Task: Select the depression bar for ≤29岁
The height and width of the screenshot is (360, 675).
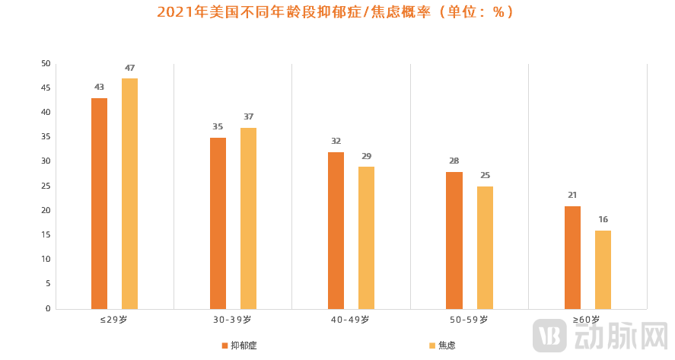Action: [x=99, y=203]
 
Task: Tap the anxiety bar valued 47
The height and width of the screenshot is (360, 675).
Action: [x=129, y=193]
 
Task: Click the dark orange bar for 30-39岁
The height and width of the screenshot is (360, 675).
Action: [x=218, y=223]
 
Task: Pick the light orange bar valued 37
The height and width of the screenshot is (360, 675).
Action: [x=248, y=218]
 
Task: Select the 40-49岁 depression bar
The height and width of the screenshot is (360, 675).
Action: [x=336, y=230]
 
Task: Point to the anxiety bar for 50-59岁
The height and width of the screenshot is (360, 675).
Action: [x=485, y=247]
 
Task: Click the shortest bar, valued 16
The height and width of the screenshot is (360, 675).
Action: [x=603, y=269]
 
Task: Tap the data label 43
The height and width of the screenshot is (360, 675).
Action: [x=99, y=87]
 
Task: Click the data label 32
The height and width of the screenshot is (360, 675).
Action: [x=336, y=141]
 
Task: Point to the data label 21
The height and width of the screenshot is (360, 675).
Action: [x=572, y=195]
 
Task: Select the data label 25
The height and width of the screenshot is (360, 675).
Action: [x=485, y=175]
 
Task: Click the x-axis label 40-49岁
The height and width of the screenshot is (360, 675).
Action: [x=350, y=320]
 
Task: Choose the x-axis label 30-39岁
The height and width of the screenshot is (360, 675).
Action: [x=232, y=320]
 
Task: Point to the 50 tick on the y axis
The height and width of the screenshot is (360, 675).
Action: [x=46, y=63]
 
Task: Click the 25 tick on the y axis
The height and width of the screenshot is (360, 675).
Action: [x=46, y=186]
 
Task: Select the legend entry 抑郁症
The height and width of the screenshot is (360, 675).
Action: [x=239, y=346]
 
